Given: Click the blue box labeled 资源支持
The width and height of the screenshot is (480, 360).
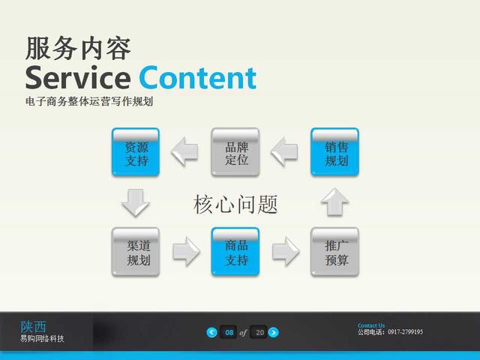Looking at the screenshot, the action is click(x=136, y=152).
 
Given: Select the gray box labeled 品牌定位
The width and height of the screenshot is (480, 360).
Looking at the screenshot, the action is click(x=235, y=152).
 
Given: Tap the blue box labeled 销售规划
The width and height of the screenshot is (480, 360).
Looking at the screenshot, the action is click(x=334, y=152).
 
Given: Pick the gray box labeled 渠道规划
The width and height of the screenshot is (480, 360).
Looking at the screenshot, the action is click(x=136, y=252).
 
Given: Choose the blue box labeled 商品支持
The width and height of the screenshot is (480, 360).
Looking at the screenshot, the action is click(x=235, y=252).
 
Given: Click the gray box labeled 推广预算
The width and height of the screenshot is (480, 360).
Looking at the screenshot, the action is click(x=334, y=252).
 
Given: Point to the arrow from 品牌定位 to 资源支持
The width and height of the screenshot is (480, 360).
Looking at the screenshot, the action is click(x=184, y=151).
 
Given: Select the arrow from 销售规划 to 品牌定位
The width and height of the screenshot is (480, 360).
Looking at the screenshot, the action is click(x=284, y=151).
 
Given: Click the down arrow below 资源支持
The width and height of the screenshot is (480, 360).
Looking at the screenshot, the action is click(x=136, y=202).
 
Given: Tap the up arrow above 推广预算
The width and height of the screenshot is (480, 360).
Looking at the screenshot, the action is click(x=334, y=202).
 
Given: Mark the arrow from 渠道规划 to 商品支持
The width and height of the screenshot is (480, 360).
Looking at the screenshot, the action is click(x=187, y=251).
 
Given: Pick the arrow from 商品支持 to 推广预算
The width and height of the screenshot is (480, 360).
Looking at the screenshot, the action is click(x=286, y=251).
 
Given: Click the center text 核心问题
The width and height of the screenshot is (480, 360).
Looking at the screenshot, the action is click(x=235, y=204).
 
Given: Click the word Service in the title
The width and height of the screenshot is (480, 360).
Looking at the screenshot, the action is click(x=78, y=78).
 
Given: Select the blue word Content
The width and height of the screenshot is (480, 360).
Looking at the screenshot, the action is click(x=198, y=78).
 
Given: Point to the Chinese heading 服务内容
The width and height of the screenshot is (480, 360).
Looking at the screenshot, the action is click(x=78, y=48).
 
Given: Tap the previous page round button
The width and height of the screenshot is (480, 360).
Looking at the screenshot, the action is click(x=211, y=332).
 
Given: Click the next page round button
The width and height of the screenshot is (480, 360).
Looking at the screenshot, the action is click(x=273, y=332).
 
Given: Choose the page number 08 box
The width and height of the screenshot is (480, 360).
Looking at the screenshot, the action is click(x=228, y=332).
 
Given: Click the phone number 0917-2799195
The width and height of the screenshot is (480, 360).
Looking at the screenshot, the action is click(x=405, y=331).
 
